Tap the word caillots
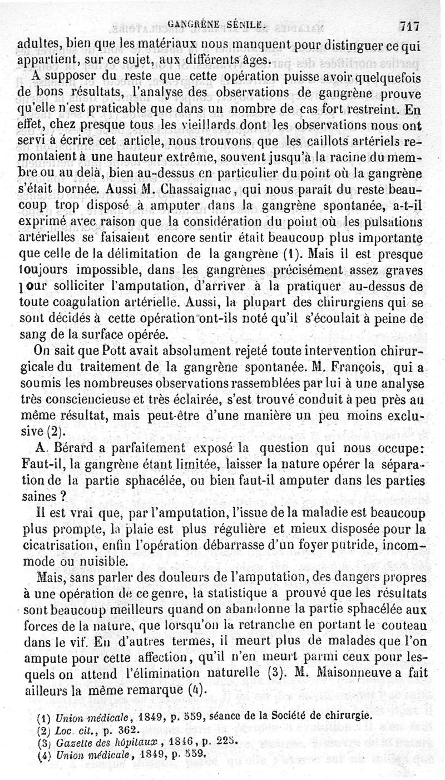click(x=320, y=142)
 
